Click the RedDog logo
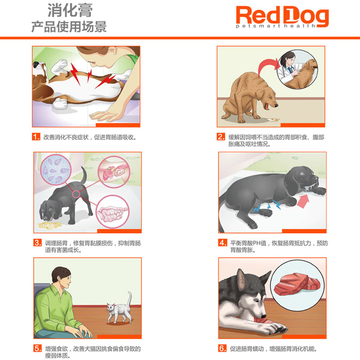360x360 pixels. [x=282, y=16]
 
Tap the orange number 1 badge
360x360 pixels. [x=36, y=137]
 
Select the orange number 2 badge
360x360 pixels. [x=221, y=137]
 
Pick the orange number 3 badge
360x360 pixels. [x=37, y=243]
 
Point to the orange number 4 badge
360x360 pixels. [x=222, y=243]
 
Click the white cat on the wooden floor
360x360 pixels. [x=118, y=310]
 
